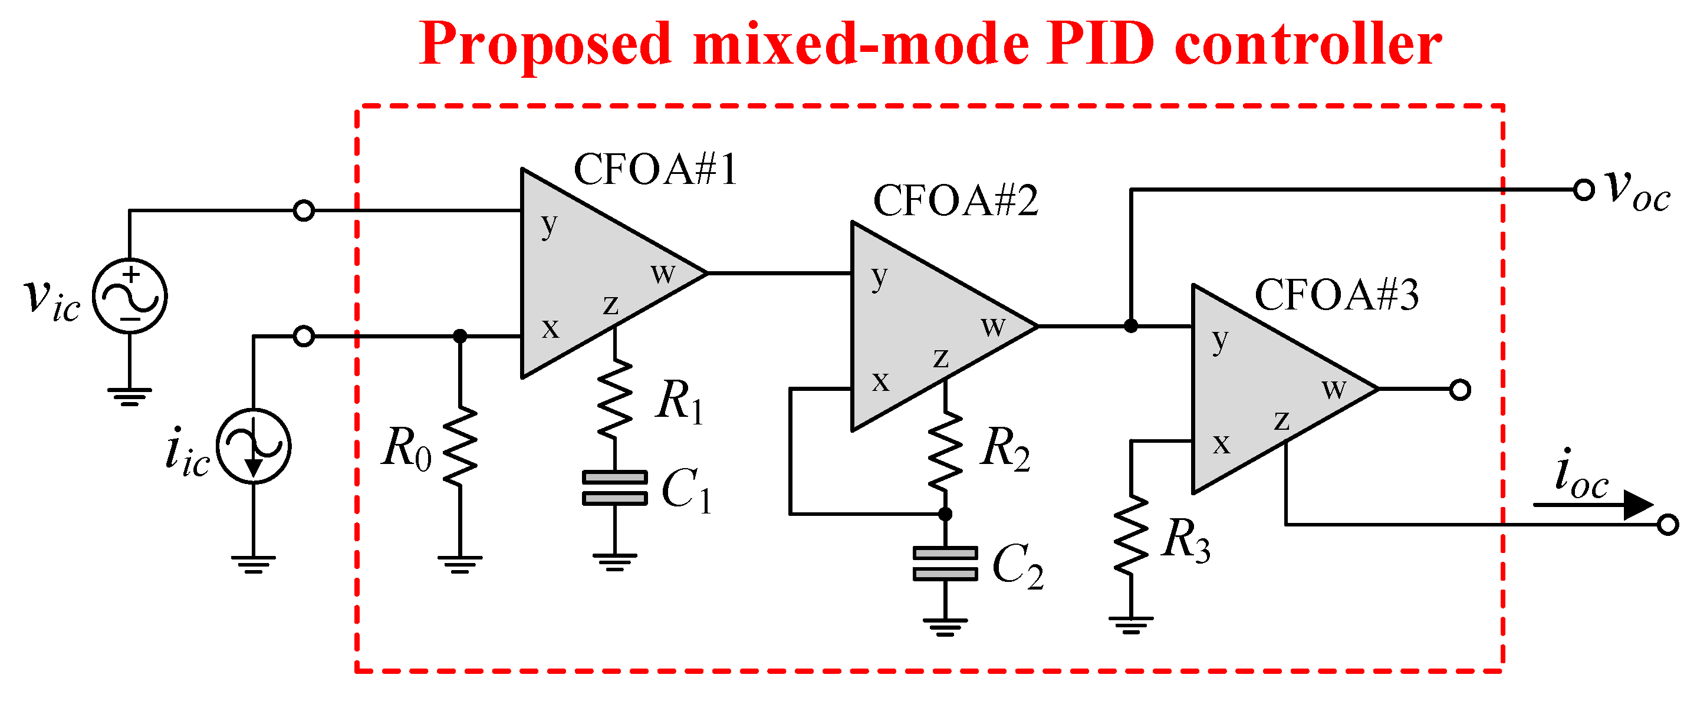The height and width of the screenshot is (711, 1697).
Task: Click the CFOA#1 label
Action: coord(655,169)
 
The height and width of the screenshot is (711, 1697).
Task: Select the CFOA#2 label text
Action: coord(955,200)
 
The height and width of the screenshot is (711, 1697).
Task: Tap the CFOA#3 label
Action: coord(1336,295)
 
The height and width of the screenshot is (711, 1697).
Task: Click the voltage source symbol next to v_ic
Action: coord(130,296)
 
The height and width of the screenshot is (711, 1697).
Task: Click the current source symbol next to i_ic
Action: coord(254,447)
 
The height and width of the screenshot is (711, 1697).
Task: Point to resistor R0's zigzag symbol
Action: coord(460,447)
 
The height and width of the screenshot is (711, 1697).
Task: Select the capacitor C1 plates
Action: coord(614,488)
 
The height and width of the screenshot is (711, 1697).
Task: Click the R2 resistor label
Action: coord(1004,448)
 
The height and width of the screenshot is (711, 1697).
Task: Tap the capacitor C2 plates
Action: coord(945,564)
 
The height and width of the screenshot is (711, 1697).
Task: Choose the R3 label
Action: coord(1186,541)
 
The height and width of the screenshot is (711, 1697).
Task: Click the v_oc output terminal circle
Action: coord(1584,190)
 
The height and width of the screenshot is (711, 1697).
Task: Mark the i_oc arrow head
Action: coord(1637,505)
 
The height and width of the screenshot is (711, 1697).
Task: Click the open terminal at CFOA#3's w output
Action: coord(1460,390)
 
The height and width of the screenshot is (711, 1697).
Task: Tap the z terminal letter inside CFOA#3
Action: coord(1281,420)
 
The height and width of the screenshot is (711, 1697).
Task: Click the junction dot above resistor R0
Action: coord(460,337)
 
